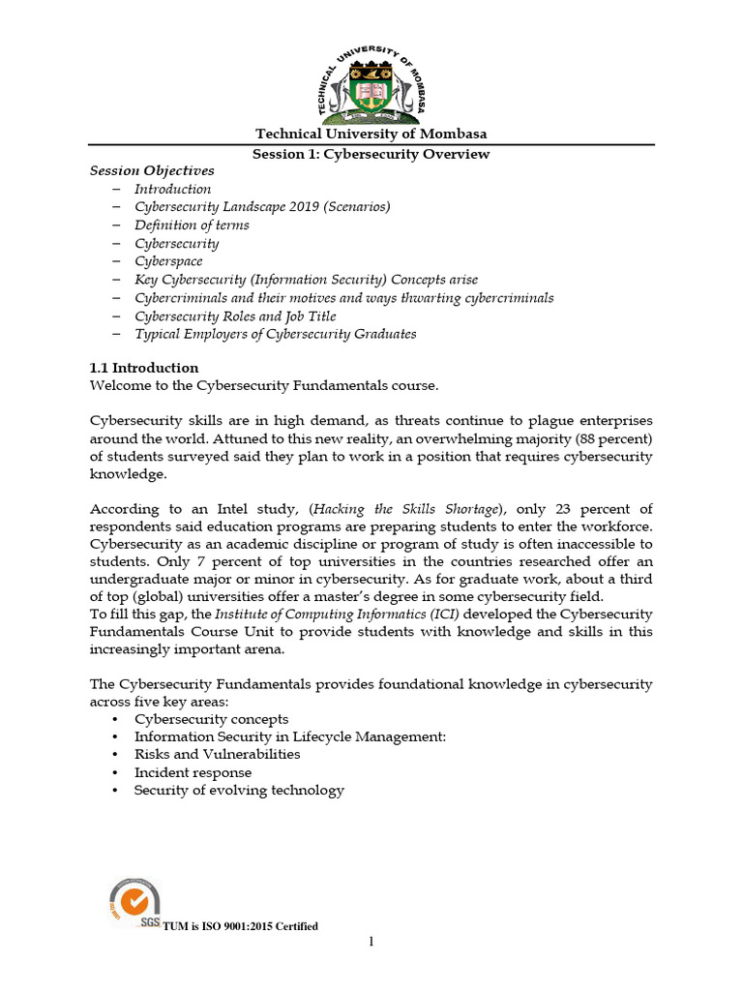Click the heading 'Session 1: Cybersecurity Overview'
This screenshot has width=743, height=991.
371,154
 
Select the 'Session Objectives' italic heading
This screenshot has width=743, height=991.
152,171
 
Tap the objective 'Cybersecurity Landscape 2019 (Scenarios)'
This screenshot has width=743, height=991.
262,207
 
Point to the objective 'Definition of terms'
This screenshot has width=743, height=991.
192,225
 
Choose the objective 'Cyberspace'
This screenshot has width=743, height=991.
168,261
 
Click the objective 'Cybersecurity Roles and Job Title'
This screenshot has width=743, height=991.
235,316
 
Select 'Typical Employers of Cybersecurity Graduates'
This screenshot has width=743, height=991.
275,334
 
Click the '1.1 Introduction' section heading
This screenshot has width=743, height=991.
144,368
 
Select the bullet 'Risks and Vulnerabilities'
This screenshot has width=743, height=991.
217,754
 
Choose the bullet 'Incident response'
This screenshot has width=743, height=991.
193,772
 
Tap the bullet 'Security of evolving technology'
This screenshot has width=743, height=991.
239,791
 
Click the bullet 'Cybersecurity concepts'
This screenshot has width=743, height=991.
211,719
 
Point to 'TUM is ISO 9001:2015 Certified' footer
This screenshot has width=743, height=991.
240,927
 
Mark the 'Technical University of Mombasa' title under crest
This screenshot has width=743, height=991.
371,134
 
